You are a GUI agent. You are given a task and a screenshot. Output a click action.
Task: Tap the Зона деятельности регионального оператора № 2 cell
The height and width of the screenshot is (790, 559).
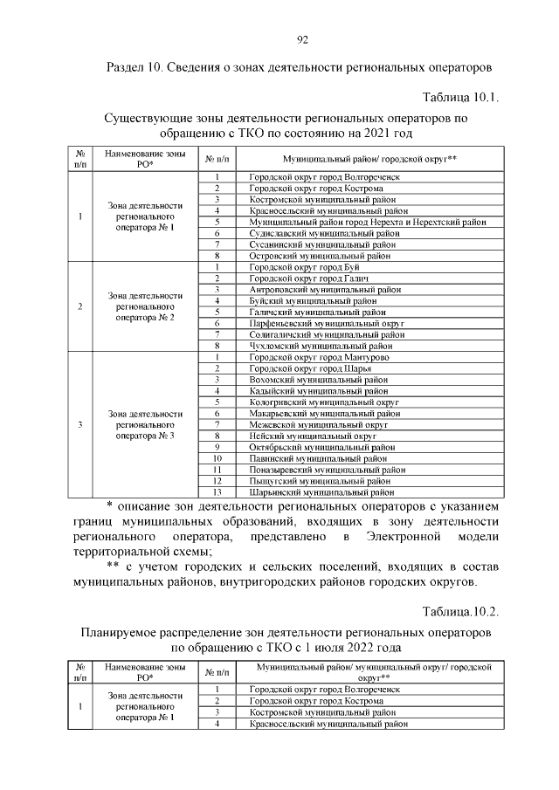tap(145, 306)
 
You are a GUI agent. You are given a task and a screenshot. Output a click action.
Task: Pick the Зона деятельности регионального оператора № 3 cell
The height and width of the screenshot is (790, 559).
tap(145, 424)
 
